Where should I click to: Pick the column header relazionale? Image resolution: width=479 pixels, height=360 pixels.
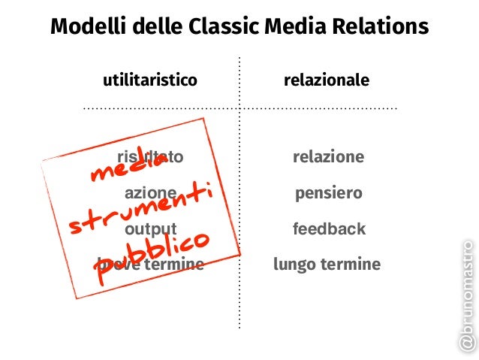(327, 80)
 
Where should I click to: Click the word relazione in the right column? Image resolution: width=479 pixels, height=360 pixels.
(328, 157)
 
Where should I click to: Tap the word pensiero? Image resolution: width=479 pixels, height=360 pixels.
(329, 193)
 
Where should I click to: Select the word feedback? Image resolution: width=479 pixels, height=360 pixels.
(329, 228)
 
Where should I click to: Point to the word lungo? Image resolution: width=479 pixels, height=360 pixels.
(294, 265)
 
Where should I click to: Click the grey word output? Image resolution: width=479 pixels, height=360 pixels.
(151, 228)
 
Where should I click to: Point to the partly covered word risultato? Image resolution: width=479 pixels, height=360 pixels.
(150, 157)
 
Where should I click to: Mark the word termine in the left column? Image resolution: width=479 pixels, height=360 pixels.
(175, 265)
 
